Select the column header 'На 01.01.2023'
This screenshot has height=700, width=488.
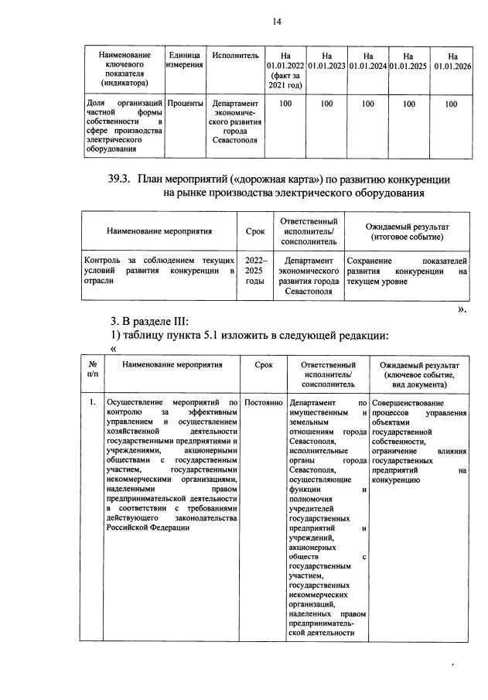326,61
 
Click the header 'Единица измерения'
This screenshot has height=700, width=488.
185,61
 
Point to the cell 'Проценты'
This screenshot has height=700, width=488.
185,103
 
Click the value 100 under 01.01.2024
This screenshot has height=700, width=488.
367,103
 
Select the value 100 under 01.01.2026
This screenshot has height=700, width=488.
452,103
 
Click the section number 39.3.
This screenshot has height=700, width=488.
121,179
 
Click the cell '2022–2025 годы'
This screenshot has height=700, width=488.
255,271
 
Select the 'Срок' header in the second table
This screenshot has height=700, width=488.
255,230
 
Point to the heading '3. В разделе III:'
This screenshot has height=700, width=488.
155,320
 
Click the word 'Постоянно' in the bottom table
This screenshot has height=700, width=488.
264,403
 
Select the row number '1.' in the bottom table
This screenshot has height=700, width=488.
92,403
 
